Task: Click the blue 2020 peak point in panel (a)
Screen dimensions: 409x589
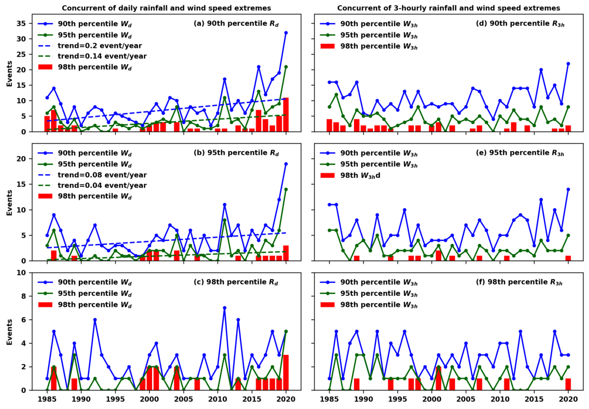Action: click(286, 33)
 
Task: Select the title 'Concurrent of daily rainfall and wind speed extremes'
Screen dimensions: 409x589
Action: click(166, 8)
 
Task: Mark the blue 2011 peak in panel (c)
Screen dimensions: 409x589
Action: click(224, 308)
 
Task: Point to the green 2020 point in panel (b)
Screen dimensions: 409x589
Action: click(286, 189)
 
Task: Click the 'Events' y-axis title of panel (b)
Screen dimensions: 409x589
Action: click(9, 202)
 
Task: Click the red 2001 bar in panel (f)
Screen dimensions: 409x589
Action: click(438, 379)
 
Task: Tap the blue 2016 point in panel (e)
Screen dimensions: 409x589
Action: click(541, 200)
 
